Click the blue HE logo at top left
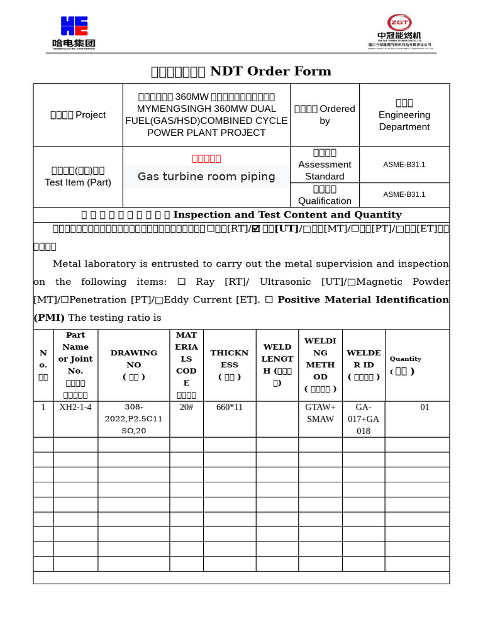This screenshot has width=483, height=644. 74,26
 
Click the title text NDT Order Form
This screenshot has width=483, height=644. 270,71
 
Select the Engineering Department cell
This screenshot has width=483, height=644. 404,115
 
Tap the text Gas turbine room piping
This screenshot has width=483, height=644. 206,177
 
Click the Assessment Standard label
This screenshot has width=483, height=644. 325,165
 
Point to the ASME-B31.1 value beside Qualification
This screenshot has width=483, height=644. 404,194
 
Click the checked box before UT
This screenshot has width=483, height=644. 256,229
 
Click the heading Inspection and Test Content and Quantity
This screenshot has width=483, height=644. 287,214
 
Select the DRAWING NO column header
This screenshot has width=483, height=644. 133,365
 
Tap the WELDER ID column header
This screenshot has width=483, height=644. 364,365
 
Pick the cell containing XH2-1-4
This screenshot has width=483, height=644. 75,407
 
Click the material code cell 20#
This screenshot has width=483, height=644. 186,407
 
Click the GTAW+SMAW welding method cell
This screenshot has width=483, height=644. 320,413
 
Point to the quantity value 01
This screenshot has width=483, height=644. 425,407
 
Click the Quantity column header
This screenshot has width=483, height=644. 405,365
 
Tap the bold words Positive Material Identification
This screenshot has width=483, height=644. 363,300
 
